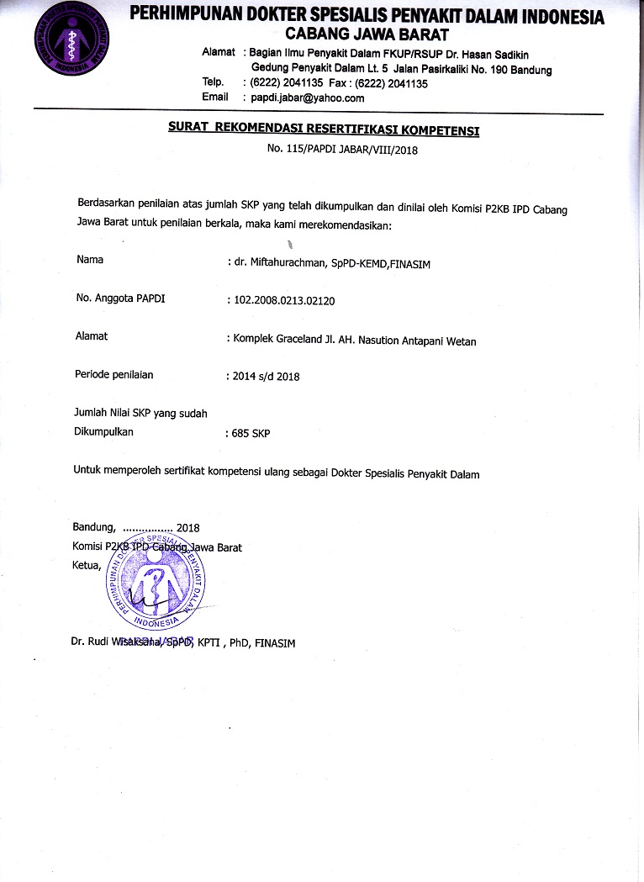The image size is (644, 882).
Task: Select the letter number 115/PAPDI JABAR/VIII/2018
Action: point(342,151)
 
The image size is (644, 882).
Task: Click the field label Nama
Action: point(90,260)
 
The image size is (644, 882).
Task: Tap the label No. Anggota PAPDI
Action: point(120,298)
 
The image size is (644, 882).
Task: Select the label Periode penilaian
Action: point(114,374)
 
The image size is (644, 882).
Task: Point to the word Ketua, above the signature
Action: point(87,565)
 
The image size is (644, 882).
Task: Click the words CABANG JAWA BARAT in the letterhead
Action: point(367,34)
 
